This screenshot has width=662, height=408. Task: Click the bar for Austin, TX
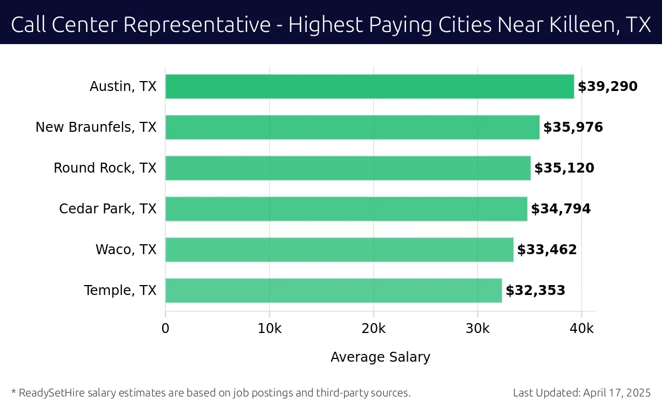point(370,87)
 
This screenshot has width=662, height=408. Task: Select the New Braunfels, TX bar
point(352,127)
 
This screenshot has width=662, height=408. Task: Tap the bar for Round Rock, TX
point(348,168)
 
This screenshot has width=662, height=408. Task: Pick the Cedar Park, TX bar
point(346,209)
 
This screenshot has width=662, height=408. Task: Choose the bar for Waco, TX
point(339,250)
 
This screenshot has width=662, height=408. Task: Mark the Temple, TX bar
point(333,291)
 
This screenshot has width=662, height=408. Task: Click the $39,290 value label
point(607,87)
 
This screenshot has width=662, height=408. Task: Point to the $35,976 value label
point(573,127)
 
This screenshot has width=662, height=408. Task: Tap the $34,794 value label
point(560,209)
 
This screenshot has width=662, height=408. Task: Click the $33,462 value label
point(547,250)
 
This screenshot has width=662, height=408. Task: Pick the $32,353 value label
point(535,291)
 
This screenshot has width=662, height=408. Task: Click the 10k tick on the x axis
point(269,329)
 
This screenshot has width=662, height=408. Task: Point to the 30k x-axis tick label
point(477,329)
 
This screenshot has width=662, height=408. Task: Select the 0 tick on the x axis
point(165,329)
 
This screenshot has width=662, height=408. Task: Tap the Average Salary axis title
point(380,357)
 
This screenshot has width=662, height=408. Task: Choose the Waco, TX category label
point(126,250)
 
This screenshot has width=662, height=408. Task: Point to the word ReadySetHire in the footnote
point(50,393)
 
